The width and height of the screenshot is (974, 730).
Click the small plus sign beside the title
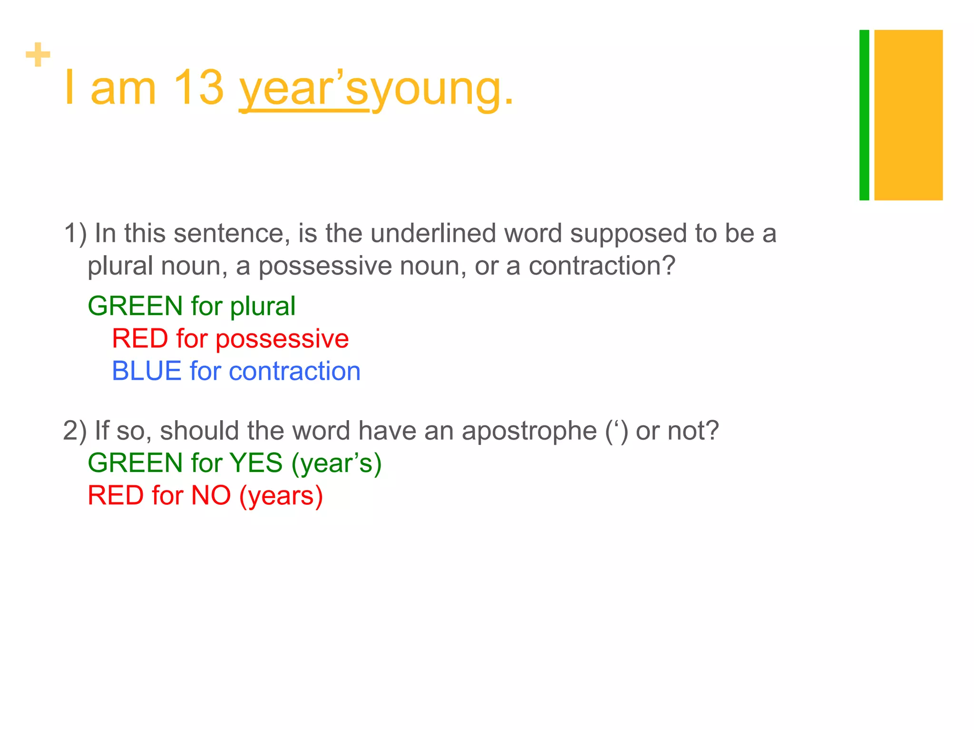pos(38,55)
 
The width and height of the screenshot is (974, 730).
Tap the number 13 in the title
pos(198,88)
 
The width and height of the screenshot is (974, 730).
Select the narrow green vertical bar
pos(864,115)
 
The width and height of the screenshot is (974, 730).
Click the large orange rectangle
pos(908,115)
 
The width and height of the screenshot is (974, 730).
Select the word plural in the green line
pos(263,306)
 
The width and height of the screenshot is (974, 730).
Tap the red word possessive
pos(282,339)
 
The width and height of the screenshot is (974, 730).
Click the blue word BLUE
pos(146,371)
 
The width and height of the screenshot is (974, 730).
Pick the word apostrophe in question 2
pos(529,431)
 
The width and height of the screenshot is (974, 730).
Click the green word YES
pos(256,463)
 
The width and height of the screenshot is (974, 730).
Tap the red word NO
pos(211,495)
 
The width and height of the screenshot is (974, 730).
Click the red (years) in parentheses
pos(281,496)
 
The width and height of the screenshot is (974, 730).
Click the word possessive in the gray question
pos(325,266)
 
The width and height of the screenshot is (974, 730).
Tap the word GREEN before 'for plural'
pos(135,306)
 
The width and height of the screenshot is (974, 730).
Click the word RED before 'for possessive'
pos(140,339)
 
